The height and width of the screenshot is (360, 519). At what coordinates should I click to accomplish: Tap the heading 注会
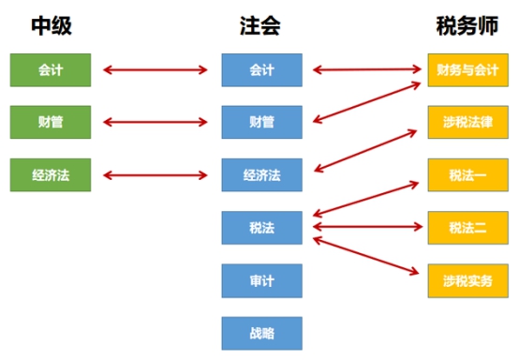[261, 25]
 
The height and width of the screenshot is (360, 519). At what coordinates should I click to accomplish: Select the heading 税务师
[467, 25]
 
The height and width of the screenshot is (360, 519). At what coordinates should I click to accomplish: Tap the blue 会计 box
[261, 69]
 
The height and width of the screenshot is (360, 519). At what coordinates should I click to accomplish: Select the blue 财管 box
[261, 122]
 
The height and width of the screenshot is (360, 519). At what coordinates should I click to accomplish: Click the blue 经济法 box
[261, 174]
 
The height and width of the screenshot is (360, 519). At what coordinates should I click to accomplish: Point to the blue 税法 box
[261, 227]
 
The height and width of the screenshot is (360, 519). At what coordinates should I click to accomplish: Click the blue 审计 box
[261, 279]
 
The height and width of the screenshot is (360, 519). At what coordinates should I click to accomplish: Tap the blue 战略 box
[261, 332]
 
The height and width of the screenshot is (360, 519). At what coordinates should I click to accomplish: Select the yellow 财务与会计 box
[467, 69]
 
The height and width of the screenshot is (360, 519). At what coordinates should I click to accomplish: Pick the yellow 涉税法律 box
[467, 122]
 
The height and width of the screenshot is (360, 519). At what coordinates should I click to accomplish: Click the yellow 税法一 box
[467, 174]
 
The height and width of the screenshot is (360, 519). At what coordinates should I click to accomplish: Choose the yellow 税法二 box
[467, 227]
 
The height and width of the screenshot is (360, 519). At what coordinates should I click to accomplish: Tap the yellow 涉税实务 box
[467, 279]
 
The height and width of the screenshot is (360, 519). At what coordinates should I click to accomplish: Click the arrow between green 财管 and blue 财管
[156, 122]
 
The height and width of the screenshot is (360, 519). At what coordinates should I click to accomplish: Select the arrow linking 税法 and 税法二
[365, 227]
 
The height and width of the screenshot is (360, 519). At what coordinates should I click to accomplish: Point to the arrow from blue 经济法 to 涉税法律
[365, 149]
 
